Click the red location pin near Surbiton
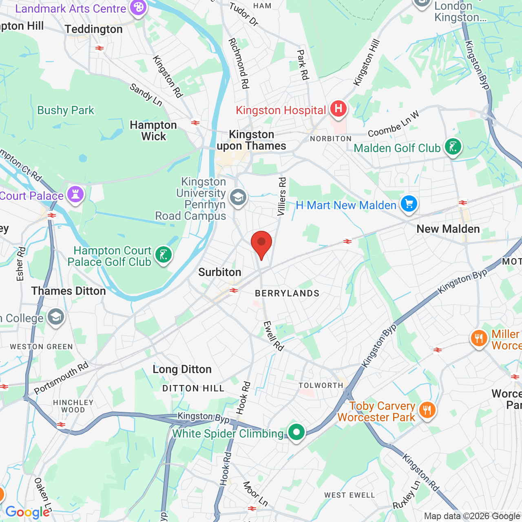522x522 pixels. point(261,243)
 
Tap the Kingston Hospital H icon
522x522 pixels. point(338,109)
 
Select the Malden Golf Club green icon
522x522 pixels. point(453,147)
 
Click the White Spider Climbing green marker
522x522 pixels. point(296,432)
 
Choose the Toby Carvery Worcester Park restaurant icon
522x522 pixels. point(427,410)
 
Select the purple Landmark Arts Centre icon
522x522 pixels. point(138,8)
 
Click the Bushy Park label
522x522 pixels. point(66,111)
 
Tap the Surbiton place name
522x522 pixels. point(220,272)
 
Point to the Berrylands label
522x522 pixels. point(287,294)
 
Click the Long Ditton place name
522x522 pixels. point(182,369)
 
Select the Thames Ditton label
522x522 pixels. point(69,291)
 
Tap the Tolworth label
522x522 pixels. point(321,386)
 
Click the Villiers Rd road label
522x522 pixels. point(282,196)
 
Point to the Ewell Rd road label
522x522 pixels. point(273,336)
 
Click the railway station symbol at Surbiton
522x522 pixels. point(234,290)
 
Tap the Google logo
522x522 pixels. point(27,512)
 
